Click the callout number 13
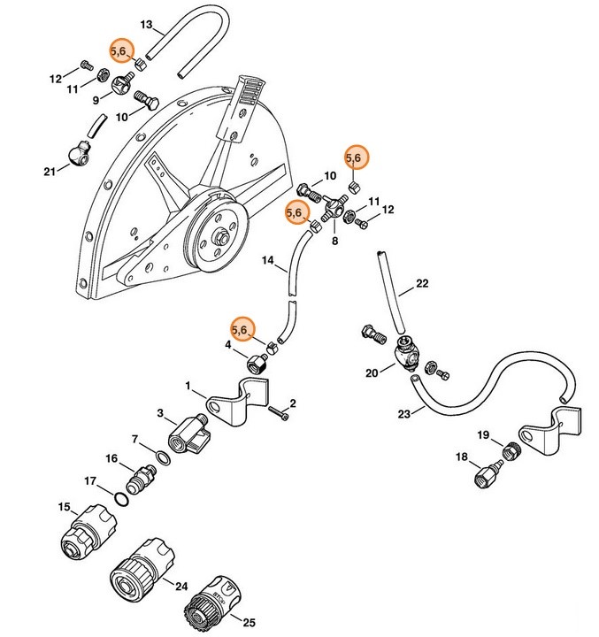click(147, 24)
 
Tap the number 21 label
click(50, 170)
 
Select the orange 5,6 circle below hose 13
click(121, 52)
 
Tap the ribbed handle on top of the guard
click(250, 92)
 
